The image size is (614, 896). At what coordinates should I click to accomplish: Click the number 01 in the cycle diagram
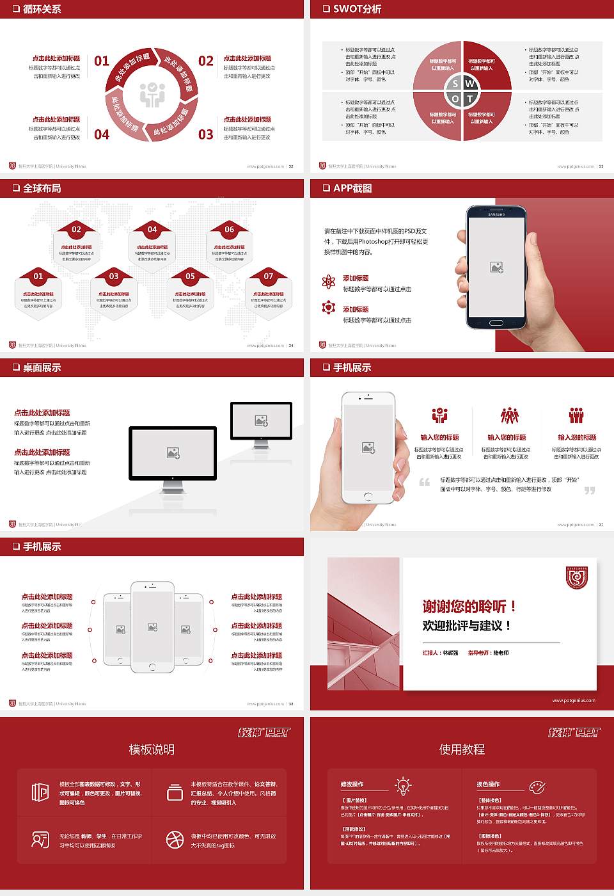(x=102, y=61)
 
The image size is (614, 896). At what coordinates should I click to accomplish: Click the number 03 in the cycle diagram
(x=205, y=134)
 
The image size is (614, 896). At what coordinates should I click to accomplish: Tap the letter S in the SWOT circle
(x=455, y=84)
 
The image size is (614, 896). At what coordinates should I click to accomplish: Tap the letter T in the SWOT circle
(x=470, y=99)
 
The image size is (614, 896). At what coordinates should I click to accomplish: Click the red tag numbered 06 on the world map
(x=229, y=229)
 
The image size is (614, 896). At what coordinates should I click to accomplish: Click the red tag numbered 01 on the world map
(x=38, y=276)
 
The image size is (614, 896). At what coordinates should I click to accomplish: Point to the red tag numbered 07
(x=268, y=276)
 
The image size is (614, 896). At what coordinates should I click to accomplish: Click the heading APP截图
(x=352, y=188)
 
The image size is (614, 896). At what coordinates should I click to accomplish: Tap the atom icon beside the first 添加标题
(x=329, y=282)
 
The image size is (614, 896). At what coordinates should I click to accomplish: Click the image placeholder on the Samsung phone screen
(x=496, y=268)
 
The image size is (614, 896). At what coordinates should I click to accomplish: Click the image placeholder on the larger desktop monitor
(x=173, y=453)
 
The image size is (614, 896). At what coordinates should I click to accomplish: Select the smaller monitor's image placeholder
(x=261, y=420)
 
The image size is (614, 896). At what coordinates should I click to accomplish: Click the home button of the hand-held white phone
(x=368, y=496)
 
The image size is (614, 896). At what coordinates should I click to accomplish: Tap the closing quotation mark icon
(x=590, y=490)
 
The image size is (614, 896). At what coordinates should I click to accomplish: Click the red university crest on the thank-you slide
(x=577, y=577)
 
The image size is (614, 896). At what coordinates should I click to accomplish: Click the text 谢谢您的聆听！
(x=469, y=606)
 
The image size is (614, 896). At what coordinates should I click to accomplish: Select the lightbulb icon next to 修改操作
(x=403, y=785)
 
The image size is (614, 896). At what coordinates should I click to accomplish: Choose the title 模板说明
(x=152, y=749)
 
